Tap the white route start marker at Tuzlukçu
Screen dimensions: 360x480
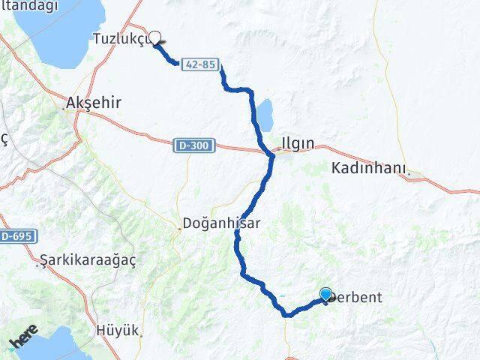155,37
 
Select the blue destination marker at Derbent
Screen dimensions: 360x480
325,295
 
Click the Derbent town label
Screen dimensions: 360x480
357,298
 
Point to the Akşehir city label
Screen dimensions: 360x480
94,102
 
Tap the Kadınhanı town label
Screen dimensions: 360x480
370,169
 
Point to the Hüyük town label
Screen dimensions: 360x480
118,329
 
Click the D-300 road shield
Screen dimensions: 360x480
195,144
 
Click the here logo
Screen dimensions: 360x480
24,341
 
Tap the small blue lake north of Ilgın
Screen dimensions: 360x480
265,114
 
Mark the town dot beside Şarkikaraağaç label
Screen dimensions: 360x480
40,263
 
